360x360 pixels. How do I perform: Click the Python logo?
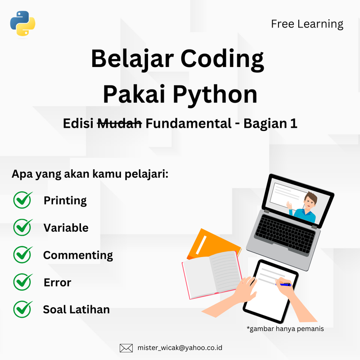[x=22, y=23]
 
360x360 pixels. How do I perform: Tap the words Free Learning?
[x=307, y=24]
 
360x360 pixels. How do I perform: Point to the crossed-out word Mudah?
[x=120, y=123]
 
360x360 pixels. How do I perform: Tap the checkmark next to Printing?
[x=22, y=200]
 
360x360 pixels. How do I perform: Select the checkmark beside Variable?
[x=22, y=227]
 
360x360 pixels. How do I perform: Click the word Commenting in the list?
[x=78, y=255]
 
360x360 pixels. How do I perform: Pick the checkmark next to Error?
[x=22, y=282]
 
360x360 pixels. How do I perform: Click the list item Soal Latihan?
[x=76, y=310]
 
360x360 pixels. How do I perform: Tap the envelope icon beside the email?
[x=126, y=348]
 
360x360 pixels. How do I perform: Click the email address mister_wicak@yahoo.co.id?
[x=180, y=348]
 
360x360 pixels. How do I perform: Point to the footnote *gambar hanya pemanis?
[x=285, y=329]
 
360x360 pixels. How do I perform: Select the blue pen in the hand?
[x=284, y=284]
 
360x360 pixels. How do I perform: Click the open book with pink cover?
[x=211, y=274]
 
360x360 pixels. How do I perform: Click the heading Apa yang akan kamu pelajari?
[x=90, y=174]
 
